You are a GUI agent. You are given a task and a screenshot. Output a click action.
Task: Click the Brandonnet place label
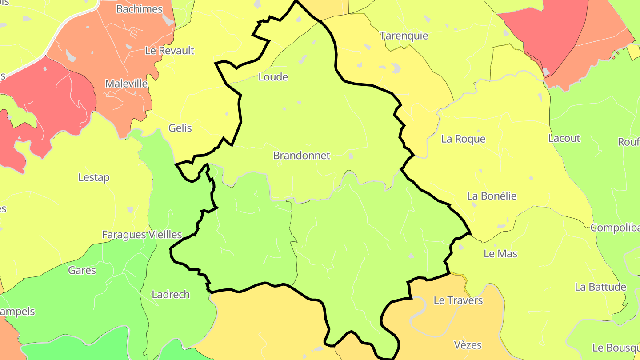(302, 156)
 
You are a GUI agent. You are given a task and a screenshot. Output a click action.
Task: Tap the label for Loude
(273, 77)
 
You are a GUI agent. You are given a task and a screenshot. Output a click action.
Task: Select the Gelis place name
(180, 128)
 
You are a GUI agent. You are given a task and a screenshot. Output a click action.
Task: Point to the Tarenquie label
(404, 36)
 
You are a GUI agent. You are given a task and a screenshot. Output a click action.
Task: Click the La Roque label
(463, 139)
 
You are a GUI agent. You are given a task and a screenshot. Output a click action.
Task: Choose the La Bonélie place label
(492, 196)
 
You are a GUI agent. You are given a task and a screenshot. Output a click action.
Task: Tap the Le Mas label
(500, 254)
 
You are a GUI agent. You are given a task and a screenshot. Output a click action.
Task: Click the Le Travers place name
(458, 300)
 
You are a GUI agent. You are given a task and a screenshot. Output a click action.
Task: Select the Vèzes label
(468, 344)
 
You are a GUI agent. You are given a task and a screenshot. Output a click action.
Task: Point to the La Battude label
(600, 287)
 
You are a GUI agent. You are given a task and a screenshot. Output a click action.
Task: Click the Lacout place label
(564, 138)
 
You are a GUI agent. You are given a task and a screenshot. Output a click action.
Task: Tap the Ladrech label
(171, 294)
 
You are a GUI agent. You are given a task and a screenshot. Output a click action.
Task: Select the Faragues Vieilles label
(142, 235)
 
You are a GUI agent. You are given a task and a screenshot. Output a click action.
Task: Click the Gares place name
(82, 270)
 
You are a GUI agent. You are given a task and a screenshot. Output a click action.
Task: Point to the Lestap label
(94, 177)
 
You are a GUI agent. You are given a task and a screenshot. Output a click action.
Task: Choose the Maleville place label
(126, 84)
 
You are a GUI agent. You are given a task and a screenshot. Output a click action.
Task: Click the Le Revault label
(169, 51)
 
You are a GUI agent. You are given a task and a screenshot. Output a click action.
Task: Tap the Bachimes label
(139, 9)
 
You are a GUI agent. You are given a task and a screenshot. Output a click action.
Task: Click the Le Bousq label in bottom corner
(616, 347)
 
